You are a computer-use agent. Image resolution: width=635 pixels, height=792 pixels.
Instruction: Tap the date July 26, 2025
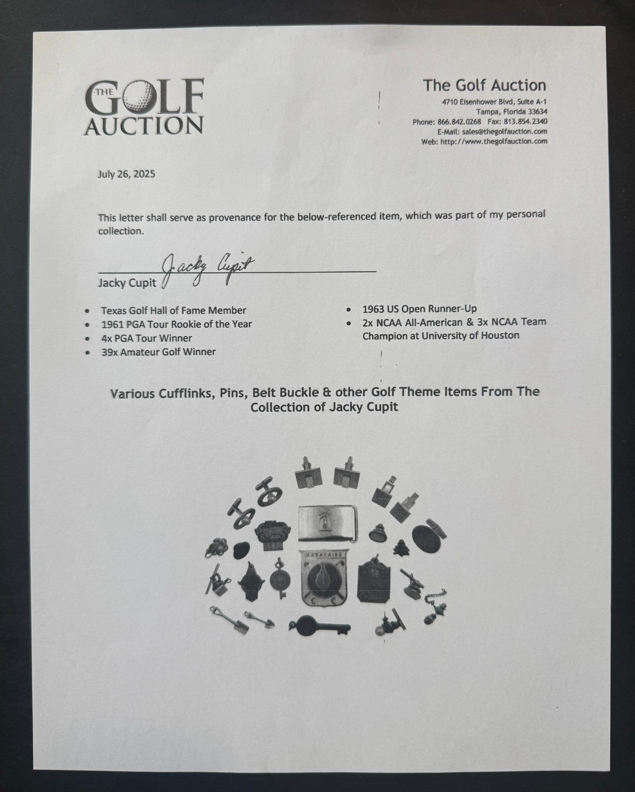coord(126,174)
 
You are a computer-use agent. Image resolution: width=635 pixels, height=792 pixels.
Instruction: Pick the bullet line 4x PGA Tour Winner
coord(147,338)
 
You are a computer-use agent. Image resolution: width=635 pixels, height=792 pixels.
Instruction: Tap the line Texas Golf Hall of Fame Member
coord(173,310)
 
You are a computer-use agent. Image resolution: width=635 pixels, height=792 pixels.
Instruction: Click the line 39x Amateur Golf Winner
coord(159,352)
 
